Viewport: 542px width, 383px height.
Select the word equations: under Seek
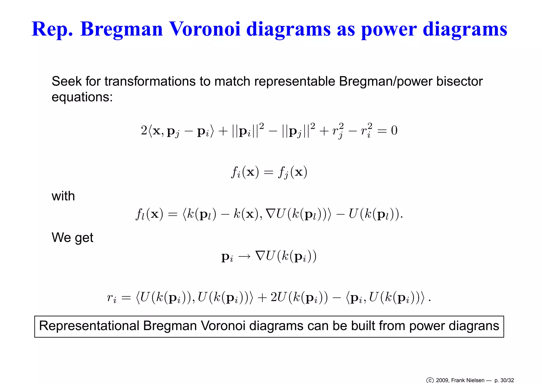tap(82, 97)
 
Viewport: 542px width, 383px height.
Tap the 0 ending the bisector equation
tap(394, 130)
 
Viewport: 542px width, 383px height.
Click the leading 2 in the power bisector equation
tap(144, 130)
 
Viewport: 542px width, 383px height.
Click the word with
tap(63, 196)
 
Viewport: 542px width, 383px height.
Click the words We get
tap(72, 237)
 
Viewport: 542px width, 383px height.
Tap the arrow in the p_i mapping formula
tap(244, 256)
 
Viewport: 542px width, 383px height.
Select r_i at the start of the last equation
tap(111, 298)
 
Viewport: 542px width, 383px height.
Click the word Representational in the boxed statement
tap(89, 326)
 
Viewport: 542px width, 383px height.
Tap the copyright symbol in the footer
tap(430, 380)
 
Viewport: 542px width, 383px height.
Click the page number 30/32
tap(507, 380)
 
